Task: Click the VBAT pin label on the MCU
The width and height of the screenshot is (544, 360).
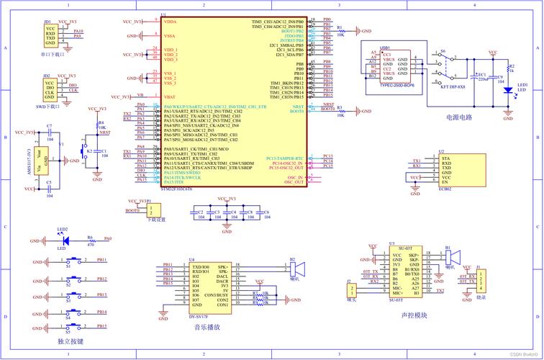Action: click(x=170, y=96)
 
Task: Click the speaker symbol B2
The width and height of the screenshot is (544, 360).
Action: click(x=296, y=270)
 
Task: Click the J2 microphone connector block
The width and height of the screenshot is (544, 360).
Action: click(x=351, y=290)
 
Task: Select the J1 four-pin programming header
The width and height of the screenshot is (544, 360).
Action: click(x=482, y=282)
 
